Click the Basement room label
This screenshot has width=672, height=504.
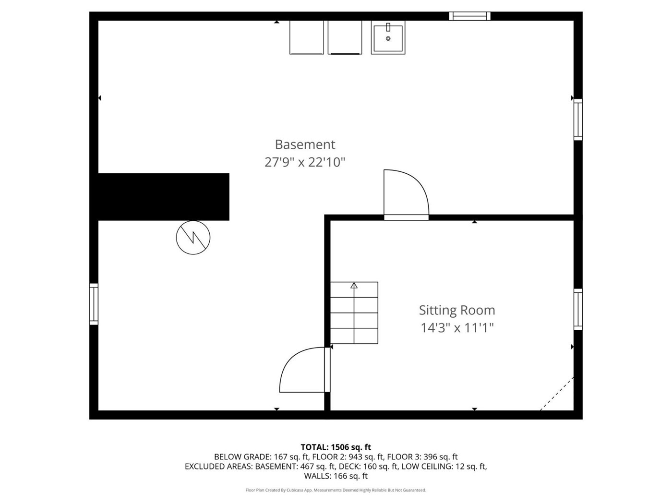coord(305,144)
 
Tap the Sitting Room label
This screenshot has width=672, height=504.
coord(457,310)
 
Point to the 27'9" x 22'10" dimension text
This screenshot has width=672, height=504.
coord(305,162)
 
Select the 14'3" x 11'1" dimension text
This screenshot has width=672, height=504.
coord(457,328)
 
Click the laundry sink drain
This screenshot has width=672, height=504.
coord(388,38)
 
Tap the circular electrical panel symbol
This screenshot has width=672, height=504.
coord(193,238)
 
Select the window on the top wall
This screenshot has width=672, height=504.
coord(469,16)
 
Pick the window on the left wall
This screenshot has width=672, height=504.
coord(94,304)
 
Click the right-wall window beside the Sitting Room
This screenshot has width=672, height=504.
coord(578,310)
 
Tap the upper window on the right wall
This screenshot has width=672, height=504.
coord(578,120)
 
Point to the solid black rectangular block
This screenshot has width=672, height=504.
coord(164,197)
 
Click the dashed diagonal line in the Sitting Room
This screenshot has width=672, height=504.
coord(557,394)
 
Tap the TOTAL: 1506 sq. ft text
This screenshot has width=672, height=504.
coord(336,447)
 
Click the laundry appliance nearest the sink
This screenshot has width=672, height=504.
coord(345,37)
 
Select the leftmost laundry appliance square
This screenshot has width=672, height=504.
coord(306,37)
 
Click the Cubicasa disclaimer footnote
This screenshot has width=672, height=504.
coord(336,490)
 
